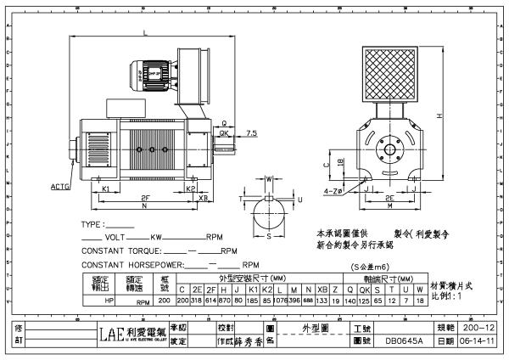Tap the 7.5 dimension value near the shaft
[252, 132]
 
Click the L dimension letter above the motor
[148, 32]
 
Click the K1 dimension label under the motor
[105, 188]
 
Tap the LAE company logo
[111, 334]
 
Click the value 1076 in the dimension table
[281, 300]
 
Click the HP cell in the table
[107, 300]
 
